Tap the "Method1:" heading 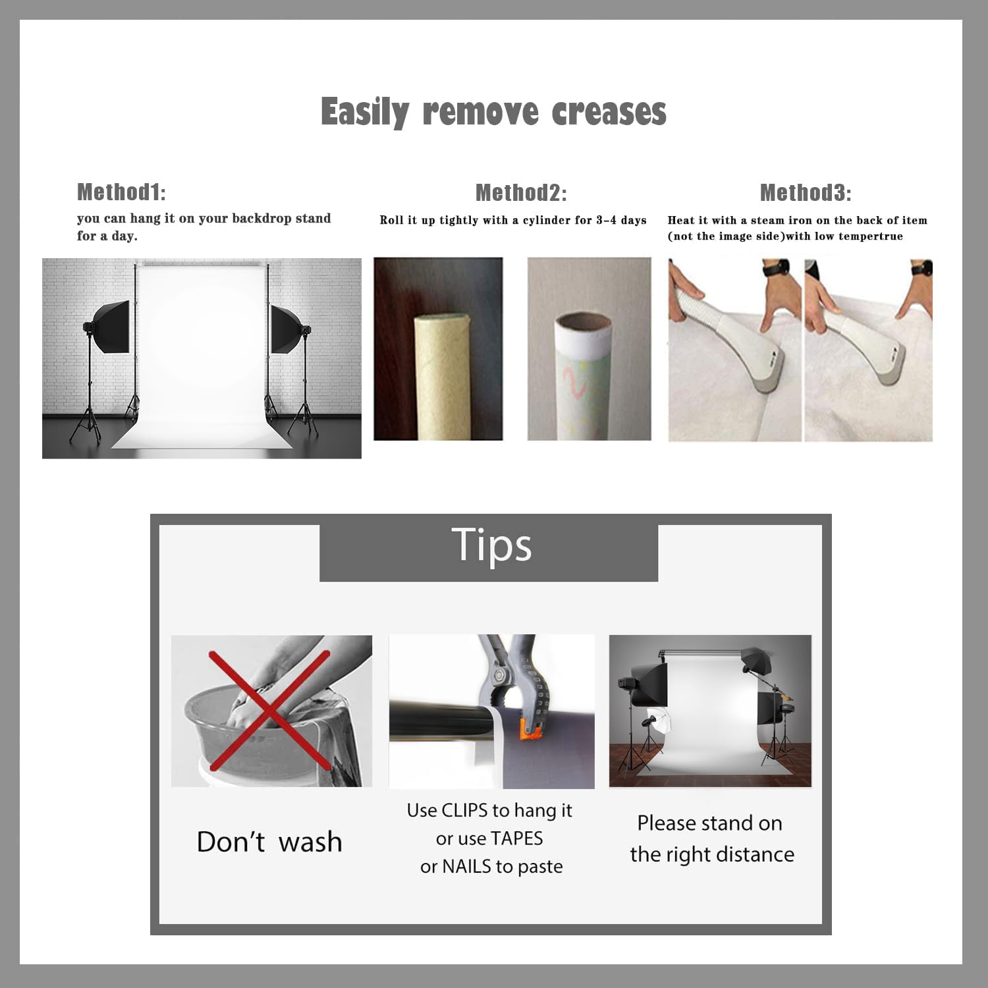pos(121,192)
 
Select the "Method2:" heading pos(521,193)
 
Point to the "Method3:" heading pos(806,193)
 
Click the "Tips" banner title pos(491,547)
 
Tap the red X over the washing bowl pos(269,710)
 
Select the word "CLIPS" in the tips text pos(465,810)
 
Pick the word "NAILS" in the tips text pos(467,866)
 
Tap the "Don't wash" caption pos(269,842)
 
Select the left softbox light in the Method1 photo pos(108,329)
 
